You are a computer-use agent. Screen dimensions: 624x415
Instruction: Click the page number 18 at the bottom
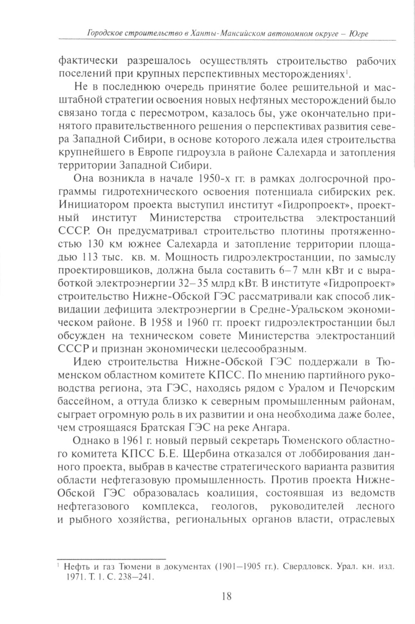point(227,596)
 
